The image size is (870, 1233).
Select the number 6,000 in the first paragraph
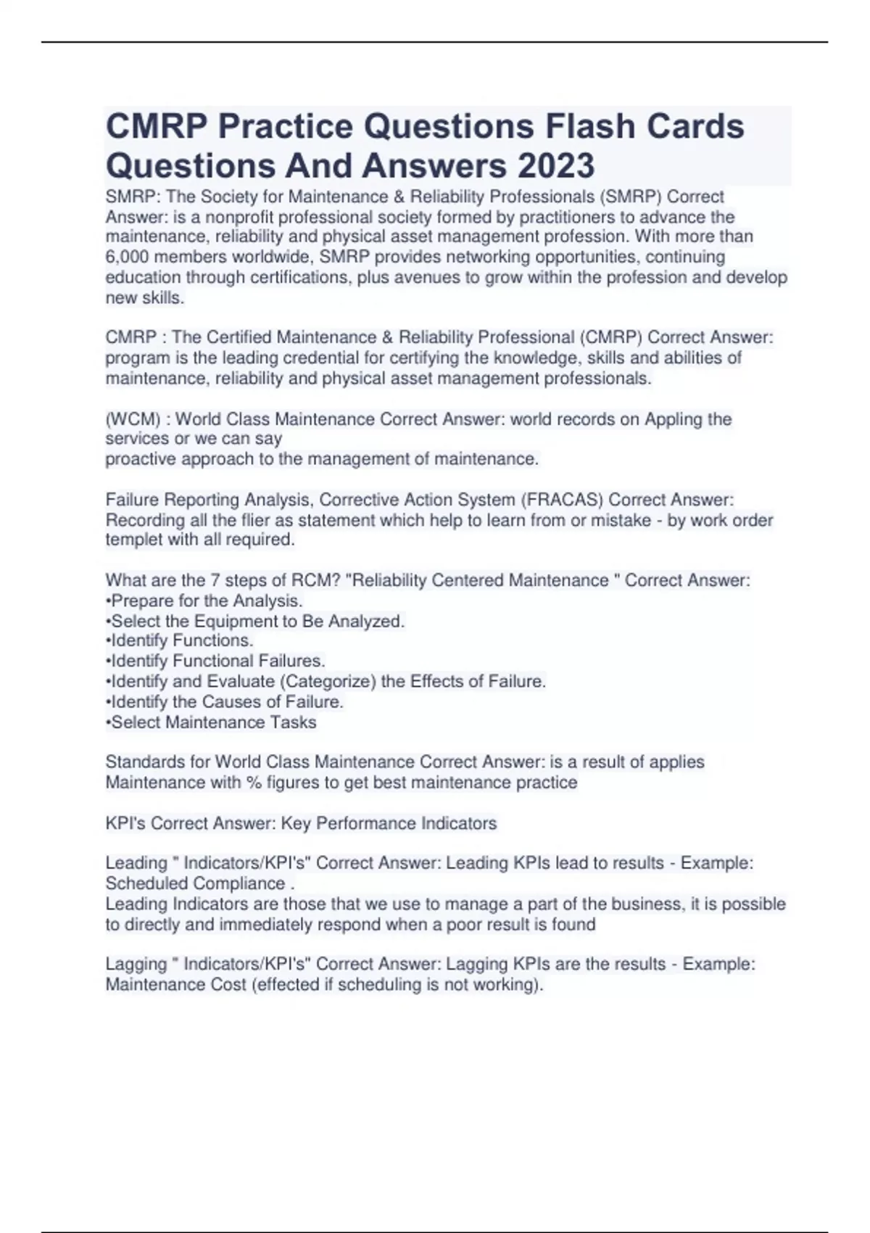click(127, 257)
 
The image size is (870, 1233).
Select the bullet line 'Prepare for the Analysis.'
click(204, 601)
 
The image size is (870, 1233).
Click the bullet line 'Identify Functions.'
click(180, 640)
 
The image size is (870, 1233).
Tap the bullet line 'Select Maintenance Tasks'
click(211, 722)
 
